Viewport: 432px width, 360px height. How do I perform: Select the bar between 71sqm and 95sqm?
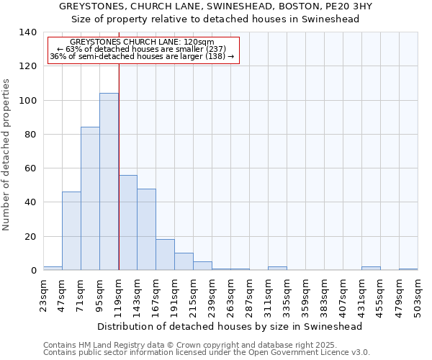tap(90, 199)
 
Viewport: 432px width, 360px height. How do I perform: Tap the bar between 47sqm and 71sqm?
tap(71, 231)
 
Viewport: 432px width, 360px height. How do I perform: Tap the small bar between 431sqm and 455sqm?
tap(371, 269)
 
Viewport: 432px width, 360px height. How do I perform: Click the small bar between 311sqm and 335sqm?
tap(277, 269)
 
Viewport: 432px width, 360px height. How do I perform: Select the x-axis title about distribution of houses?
tap(230, 326)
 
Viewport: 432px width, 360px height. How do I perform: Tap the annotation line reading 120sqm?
tap(143, 42)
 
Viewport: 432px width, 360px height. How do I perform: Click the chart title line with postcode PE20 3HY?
tap(216, 6)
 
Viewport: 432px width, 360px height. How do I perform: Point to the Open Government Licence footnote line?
tap(207, 353)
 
